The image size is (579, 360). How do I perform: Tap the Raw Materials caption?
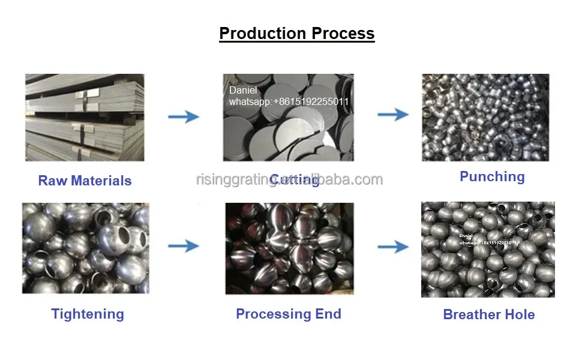(85, 181)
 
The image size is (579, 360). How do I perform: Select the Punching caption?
(492, 176)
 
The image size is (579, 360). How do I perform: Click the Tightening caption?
(88, 314)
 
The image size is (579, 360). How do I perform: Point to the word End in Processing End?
(328, 314)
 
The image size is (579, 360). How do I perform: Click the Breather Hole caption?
(488, 314)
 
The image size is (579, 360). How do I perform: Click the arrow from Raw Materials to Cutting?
(183, 116)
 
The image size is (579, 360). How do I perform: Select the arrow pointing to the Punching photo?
(393, 114)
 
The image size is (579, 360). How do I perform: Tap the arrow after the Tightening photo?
(183, 245)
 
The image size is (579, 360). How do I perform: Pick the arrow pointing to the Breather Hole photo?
(393, 246)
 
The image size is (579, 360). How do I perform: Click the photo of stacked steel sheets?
(85, 117)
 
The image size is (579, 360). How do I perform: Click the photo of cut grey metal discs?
(288, 117)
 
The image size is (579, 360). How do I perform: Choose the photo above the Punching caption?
(485, 117)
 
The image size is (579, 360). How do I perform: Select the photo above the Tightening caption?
(85, 248)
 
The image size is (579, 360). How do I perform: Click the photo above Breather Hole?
(488, 250)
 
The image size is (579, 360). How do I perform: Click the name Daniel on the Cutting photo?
(243, 91)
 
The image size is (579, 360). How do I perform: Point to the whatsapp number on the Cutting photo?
(289, 102)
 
